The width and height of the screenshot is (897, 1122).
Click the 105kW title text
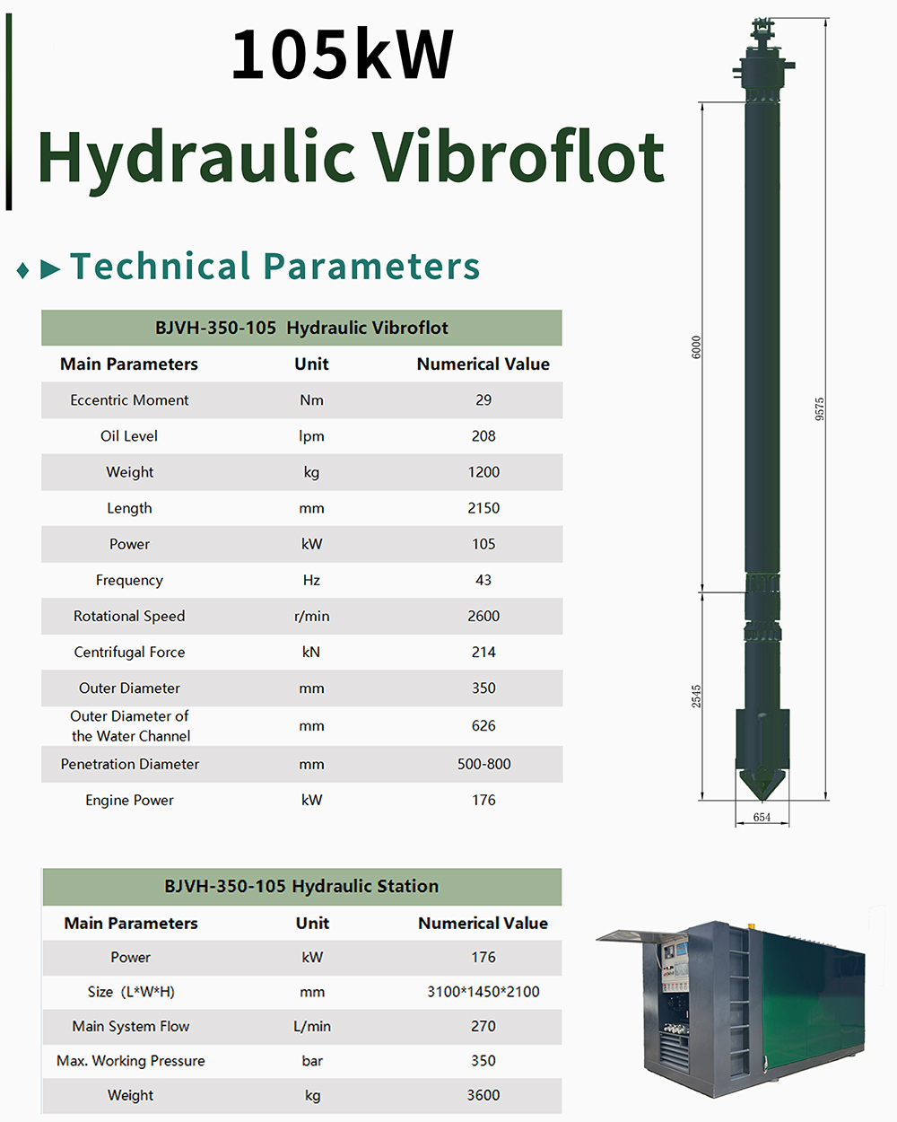[x=343, y=55]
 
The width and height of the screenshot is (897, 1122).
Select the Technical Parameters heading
[x=274, y=267]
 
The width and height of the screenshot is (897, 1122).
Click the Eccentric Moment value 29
[x=483, y=400]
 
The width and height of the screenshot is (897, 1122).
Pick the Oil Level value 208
[x=483, y=436]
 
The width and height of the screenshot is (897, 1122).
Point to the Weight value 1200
[x=483, y=472]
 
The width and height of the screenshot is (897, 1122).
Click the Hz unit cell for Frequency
[x=311, y=581]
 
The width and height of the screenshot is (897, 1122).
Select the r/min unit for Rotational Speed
[x=311, y=617]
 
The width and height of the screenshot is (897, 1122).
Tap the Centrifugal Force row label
[x=129, y=653]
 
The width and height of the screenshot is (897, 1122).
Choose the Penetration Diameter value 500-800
[x=483, y=765]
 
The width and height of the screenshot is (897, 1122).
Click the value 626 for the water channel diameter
[x=483, y=726]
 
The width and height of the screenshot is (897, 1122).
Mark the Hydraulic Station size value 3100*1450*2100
[x=483, y=992]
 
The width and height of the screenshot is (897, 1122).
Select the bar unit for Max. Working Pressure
[x=312, y=1061]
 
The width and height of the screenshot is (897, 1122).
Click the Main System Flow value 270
[x=483, y=1026]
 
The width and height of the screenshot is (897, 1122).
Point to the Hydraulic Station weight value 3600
[x=483, y=1095]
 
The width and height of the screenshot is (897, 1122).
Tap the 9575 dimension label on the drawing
[x=820, y=409]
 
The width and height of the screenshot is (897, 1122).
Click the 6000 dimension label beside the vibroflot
[x=697, y=347]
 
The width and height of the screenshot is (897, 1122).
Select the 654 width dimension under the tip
[x=762, y=817]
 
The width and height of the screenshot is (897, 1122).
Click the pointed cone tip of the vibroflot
[x=762, y=785]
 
